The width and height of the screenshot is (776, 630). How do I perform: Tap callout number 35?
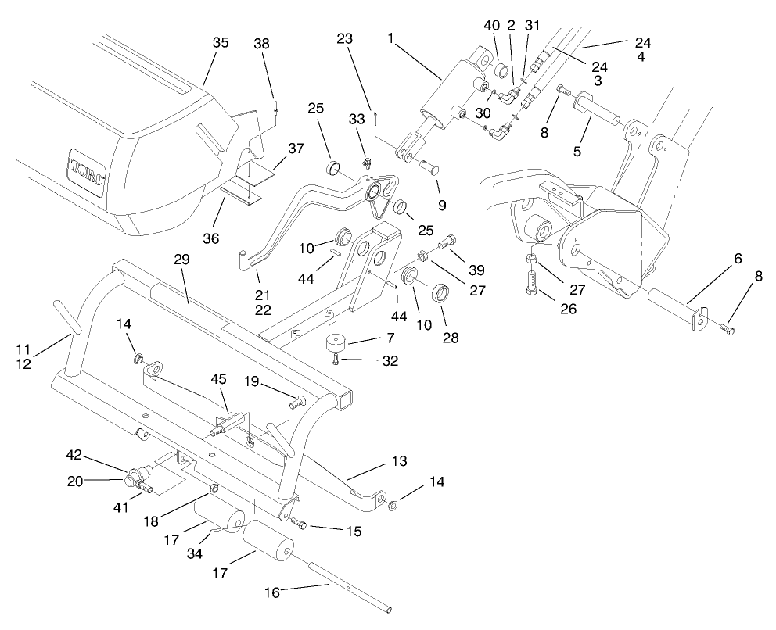click(x=220, y=43)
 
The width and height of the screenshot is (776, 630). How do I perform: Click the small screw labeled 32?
click(x=336, y=360)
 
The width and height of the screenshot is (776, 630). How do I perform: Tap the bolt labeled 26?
click(x=532, y=281)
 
